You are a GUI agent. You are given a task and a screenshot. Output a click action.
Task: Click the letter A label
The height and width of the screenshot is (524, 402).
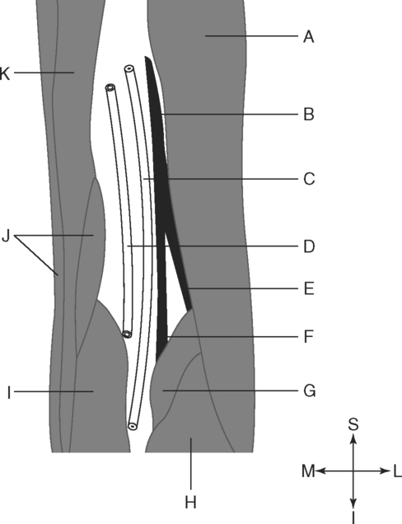[309, 36]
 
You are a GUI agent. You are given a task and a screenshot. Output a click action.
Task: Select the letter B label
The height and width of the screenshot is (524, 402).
[309, 115]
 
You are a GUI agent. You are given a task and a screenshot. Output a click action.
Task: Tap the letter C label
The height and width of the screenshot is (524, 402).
[309, 179]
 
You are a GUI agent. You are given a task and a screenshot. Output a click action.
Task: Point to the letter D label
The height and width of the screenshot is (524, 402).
[309, 246]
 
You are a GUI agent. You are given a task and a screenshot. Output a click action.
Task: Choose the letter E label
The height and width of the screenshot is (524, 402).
[309, 288]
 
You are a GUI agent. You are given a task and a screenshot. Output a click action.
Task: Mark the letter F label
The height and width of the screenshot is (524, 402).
[309, 337]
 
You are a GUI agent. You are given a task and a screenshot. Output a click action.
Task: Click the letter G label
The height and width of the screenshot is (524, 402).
[310, 391]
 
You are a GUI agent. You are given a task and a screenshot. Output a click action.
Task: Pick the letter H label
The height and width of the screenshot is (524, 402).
[190, 502]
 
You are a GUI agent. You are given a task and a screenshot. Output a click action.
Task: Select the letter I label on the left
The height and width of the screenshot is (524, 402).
[9, 393]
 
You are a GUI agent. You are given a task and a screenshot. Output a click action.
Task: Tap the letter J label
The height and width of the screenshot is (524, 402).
[6, 236]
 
